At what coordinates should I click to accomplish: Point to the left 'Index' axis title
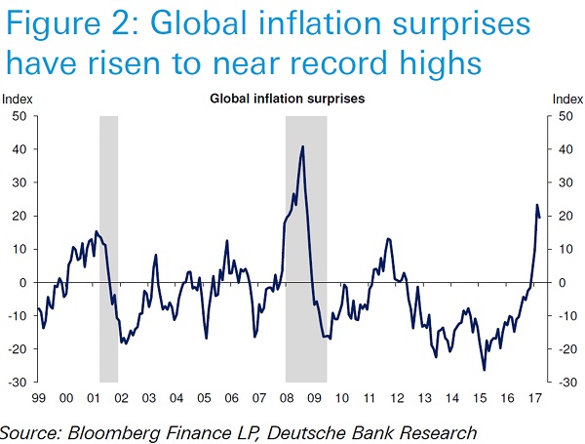pyautogui.click(x=17, y=100)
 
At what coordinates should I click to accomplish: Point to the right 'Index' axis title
pyautogui.click(x=567, y=100)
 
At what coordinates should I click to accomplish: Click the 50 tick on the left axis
pyautogui.click(x=19, y=116)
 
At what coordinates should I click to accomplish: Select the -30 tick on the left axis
pyautogui.click(x=17, y=382)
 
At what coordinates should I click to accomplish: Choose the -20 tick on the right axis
pyautogui.click(x=563, y=348)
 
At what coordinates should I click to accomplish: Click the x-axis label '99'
pyautogui.click(x=38, y=398)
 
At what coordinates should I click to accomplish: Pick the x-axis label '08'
pyautogui.click(x=287, y=398)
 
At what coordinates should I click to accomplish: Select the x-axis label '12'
pyautogui.click(x=397, y=398)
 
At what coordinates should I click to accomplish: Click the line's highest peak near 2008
pyautogui.click(x=303, y=146)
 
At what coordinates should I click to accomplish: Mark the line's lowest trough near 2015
pyautogui.click(x=484, y=370)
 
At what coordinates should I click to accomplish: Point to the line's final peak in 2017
pyautogui.click(x=536, y=205)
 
